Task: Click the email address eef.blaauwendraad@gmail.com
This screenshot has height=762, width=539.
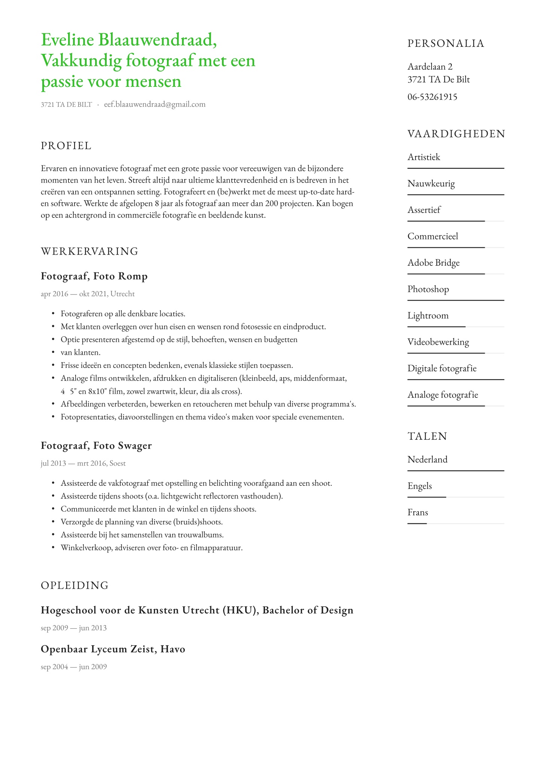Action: pyautogui.click(x=155, y=104)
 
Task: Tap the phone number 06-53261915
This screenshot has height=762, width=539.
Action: pyautogui.click(x=432, y=97)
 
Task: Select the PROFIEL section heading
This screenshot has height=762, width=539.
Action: pyautogui.click(x=66, y=146)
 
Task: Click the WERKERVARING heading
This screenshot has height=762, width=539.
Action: pyautogui.click(x=89, y=251)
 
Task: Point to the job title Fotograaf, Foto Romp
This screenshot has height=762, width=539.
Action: pyautogui.click(x=94, y=276)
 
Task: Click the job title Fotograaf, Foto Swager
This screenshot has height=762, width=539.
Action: pyautogui.click(x=96, y=446)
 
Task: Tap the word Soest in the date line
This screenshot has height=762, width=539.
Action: pyautogui.click(x=118, y=463)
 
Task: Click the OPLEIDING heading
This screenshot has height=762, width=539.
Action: pyautogui.click(x=75, y=585)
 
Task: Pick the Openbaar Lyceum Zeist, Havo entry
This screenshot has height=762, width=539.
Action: pyautogui.click(x=113, y=649)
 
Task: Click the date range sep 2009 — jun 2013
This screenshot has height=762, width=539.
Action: pyautogui.click(x=74, y=628)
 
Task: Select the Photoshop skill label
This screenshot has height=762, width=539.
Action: pyautogui.click(x=428, y=289)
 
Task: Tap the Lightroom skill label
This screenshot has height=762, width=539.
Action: pyautogui.click(x=428, y=316)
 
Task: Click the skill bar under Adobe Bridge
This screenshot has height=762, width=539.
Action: pyautogui.click(x=456, y=274)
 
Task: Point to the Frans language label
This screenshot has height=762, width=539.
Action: pyautogui.click(x=418, y=512)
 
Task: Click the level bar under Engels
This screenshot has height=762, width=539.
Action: pyautogui.click(x=456, y=497)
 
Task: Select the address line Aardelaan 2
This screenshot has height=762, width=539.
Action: pyautogui.click(x=430, y=67)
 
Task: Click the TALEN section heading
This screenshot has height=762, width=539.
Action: pyautogui.click(x=427, y=436)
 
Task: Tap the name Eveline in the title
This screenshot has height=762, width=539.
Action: pyautogui.click(x=67, y=40)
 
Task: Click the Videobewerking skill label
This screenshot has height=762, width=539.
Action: pyautogui.click(x=438, y=342)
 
